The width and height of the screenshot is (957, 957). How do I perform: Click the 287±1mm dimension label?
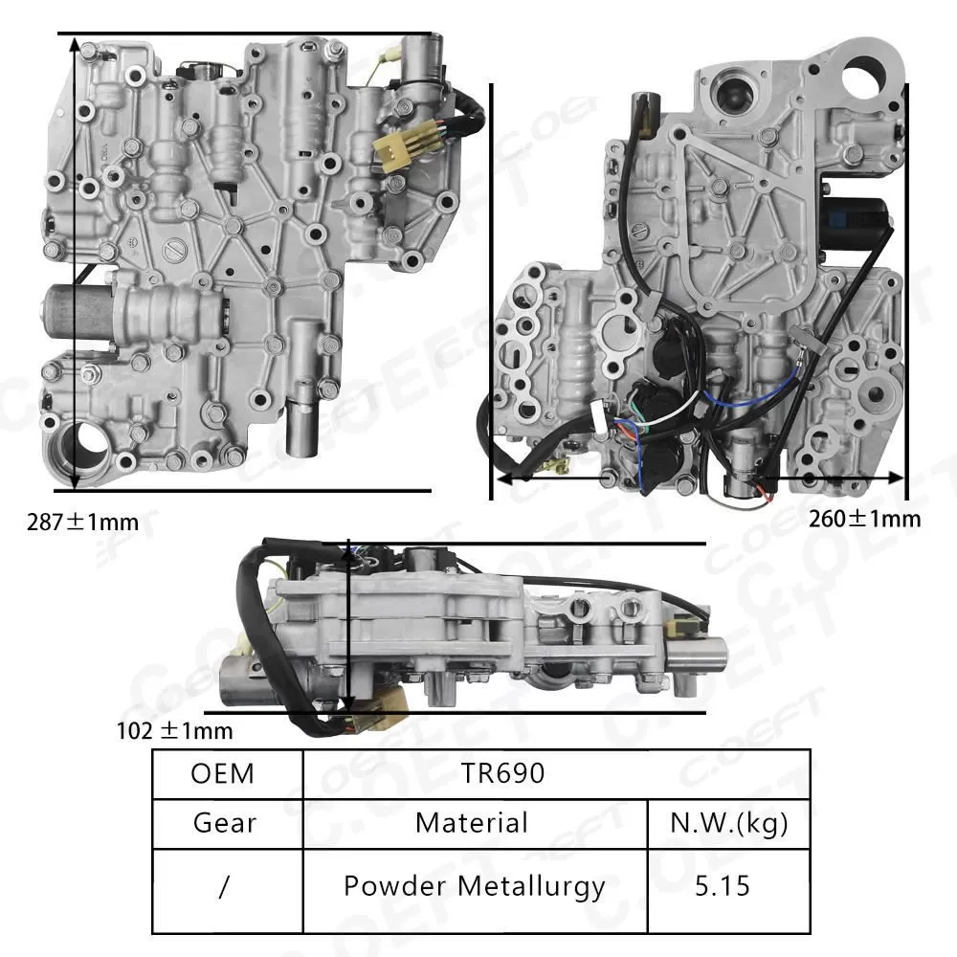click(84, 523)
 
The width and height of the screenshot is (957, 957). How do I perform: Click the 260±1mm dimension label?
click(864, 519)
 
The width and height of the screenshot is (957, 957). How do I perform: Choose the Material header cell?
click(471, 823)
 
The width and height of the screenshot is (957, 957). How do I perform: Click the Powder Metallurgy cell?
click(475, 886)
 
